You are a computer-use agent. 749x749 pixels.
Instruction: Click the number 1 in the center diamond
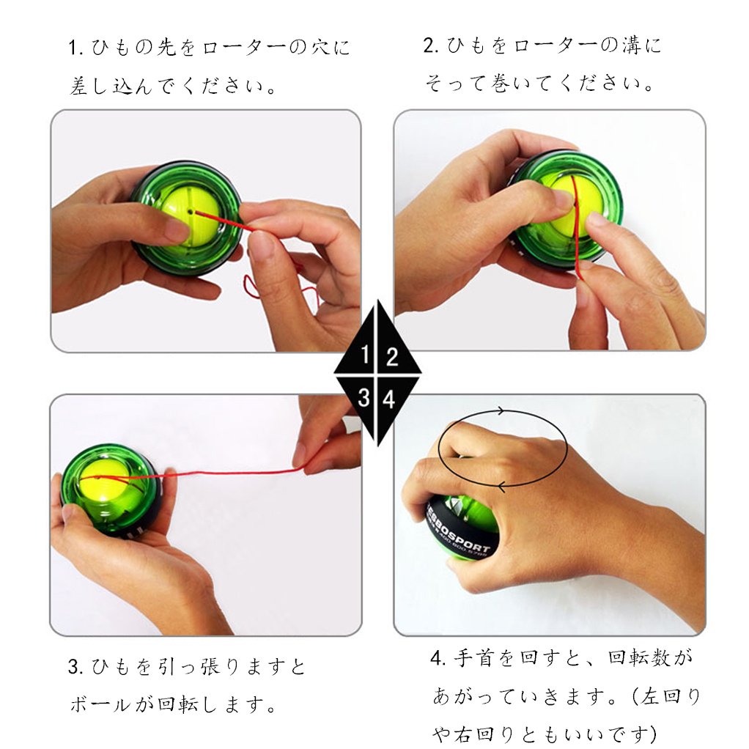pyautogui.click(x=366, y=355)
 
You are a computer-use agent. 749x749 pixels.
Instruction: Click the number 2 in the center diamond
pyautogui.click(x=392, y=357)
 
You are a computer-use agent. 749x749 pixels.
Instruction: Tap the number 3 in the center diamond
pyautogui.click(x=364, y=397)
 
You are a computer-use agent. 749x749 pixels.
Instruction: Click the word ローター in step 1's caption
pyautogui.click(x=243, y=48)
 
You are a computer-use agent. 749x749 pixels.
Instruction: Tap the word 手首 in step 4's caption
pyautogui.click(x=473, y=658)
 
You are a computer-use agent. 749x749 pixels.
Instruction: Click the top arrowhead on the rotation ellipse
pyautogui.click(x=500, y=411)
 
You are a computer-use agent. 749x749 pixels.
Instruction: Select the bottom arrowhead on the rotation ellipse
pyautogui.click(x=501, y=487)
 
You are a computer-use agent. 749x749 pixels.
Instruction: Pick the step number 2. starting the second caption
pyautogui.click(x=430, y=46)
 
